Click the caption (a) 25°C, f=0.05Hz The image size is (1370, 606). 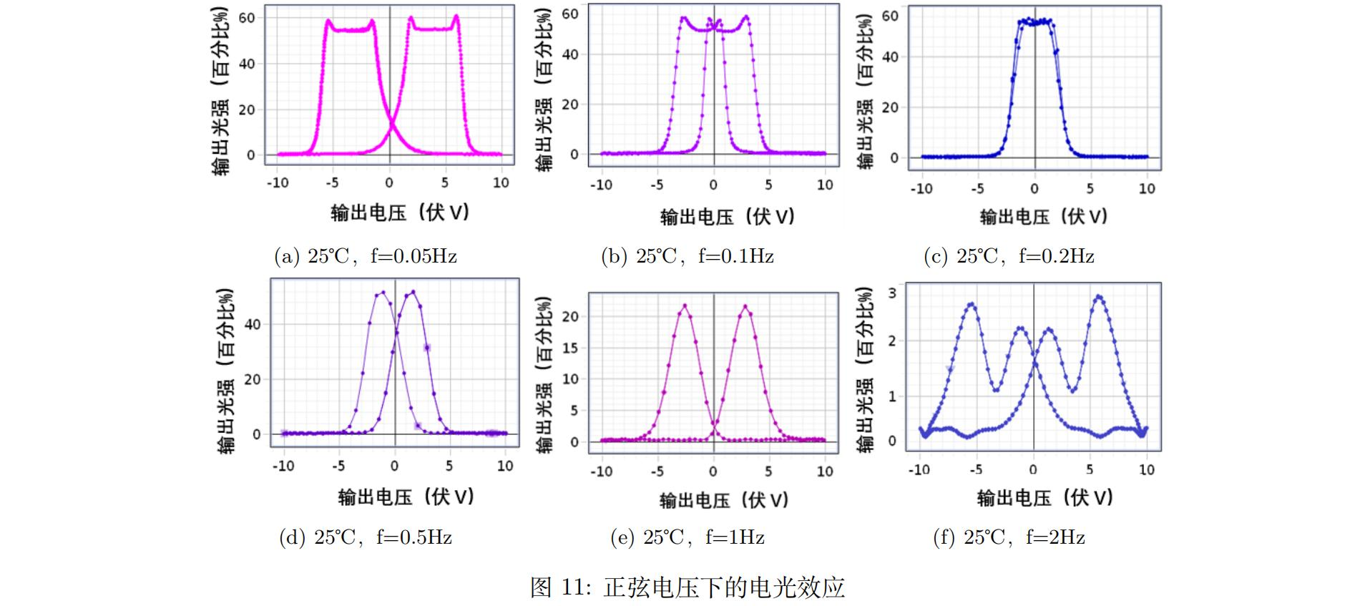366,256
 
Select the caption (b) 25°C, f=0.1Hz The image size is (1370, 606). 687,256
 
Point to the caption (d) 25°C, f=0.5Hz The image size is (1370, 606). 366,537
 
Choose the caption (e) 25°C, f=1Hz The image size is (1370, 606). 687,537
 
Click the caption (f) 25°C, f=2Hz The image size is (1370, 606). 1009,537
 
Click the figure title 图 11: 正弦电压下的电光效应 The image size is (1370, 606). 687,587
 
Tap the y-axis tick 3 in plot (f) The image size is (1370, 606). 891,293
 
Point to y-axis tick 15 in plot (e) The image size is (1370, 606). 570,348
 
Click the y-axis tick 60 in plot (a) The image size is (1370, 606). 247,18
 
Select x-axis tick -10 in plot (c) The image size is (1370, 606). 921,189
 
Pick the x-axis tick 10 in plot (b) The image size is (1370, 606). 825,185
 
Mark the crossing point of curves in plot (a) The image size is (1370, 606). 391,127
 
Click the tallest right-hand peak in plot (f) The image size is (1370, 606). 1099,296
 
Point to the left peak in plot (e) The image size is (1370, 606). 685,306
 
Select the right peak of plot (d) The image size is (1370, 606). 413,291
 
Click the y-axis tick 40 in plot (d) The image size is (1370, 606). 253,325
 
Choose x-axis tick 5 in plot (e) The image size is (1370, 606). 768,471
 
